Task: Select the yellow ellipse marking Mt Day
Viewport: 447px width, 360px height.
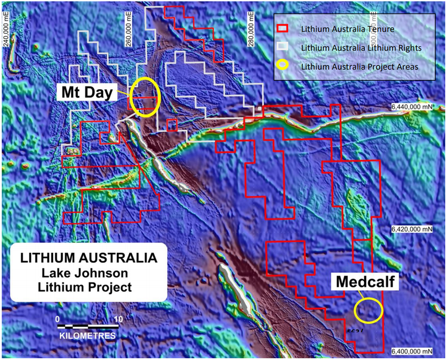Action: point(145,97)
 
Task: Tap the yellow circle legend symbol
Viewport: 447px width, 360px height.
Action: point(283,66)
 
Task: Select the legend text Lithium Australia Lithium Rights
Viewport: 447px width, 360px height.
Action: point(357,47)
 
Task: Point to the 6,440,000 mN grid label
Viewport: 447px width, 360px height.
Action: point(412,106)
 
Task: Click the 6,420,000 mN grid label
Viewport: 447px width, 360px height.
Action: point(412,229)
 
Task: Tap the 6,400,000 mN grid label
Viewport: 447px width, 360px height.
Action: point(412,352)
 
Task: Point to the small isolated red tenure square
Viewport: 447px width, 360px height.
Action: point(173,124)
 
